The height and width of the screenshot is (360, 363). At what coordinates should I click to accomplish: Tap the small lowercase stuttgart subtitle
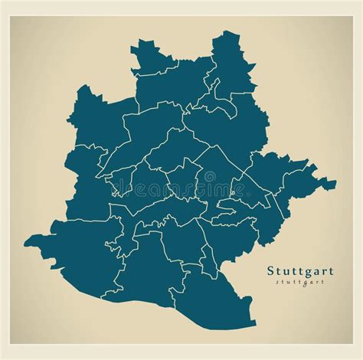click(x=297, y=282)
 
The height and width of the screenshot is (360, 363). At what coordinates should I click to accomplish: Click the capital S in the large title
click(x=271, y=270)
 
